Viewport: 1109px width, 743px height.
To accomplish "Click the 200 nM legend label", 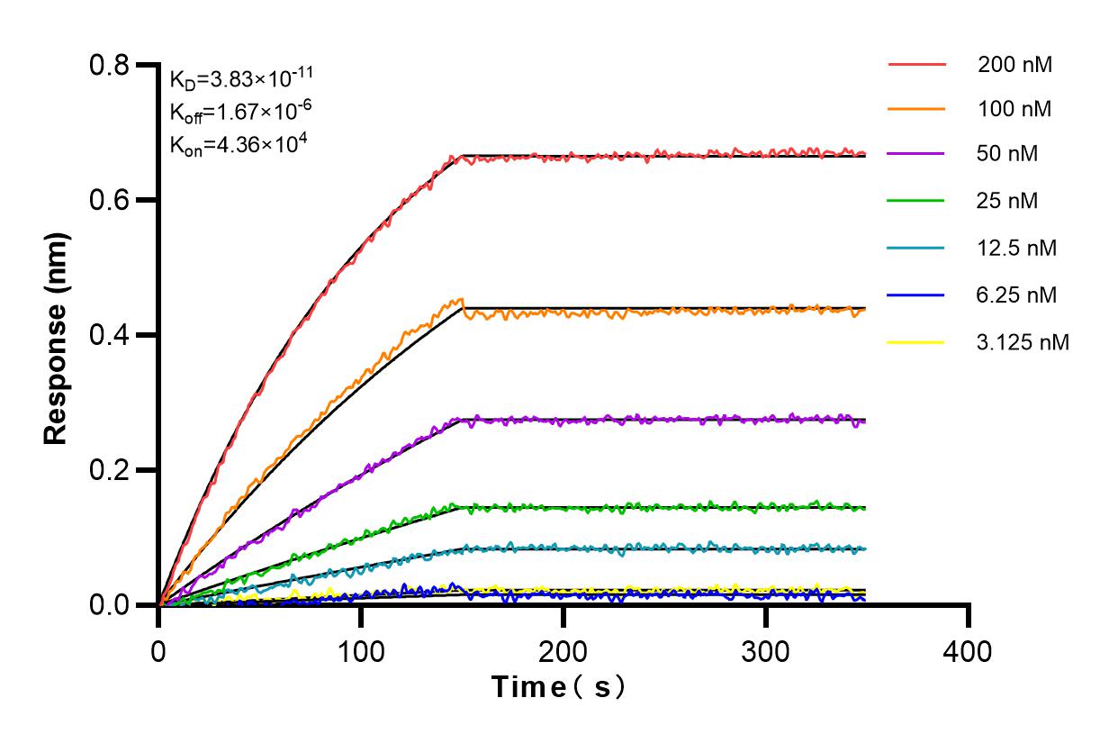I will pyautogui.click(x=1015, y=65).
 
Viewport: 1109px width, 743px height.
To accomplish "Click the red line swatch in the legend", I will pyautogui.click(x=916, y=65).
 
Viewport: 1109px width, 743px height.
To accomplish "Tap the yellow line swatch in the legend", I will pyautogui.click(x=916, y=342).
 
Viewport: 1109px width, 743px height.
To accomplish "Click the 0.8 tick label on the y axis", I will pyautogui.click(x=109, y=65).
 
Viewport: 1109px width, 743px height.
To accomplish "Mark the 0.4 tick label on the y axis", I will pyautogui.click(x=109, y=335).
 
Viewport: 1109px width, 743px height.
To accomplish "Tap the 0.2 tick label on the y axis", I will pyautogui.click(x=109, y=470).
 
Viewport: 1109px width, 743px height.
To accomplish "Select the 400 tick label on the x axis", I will pyautogui.click(x=969, y=650).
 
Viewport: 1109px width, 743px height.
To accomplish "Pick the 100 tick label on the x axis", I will pyautogui.click(x=361, y=650).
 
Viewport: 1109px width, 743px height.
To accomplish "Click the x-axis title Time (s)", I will pyautogui.click(x=558, y=688).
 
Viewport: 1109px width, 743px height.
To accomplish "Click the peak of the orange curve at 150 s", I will pyautogui.click(x=462, y=299).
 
